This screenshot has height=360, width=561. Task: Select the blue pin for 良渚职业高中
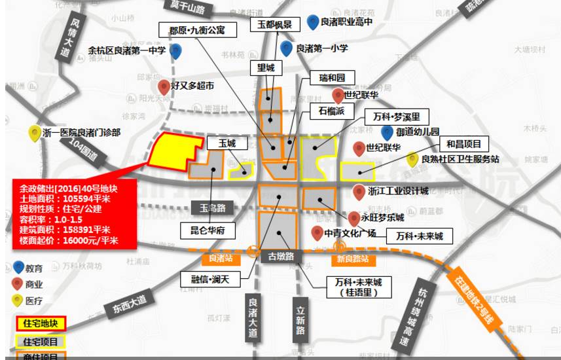click(313, 22)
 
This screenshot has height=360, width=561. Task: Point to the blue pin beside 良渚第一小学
click(286, 48)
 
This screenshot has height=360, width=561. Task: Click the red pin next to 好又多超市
click(163, 86)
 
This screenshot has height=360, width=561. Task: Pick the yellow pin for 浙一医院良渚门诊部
click(34, 133)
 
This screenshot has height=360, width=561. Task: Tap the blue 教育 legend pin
click(20, 268)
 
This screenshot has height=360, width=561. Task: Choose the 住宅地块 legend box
click(41, 324)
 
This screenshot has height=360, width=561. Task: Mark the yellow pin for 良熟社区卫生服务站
click(412, 158)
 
